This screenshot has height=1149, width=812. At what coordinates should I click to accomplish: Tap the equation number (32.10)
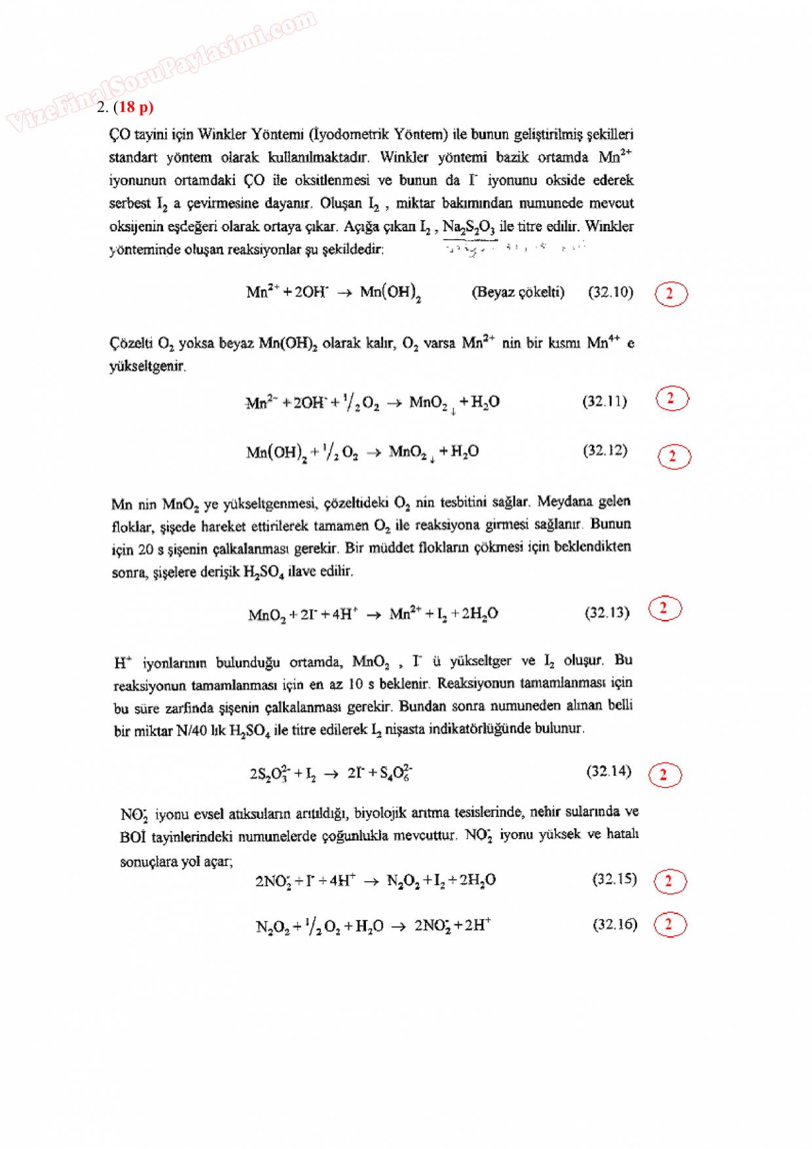point(610,292)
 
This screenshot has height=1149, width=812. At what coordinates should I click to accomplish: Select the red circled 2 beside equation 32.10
point(671,294)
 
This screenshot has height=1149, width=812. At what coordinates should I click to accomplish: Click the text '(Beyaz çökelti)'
point(517,292)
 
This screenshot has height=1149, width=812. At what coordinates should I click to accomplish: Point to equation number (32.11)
point(604,401)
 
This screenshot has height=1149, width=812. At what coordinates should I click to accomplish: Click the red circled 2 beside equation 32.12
point(674,456)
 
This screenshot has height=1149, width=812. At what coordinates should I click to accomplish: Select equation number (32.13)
point(606,613)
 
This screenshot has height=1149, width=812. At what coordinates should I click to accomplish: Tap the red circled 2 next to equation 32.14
point(664,775)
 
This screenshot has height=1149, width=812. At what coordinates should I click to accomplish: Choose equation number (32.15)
point(614,879)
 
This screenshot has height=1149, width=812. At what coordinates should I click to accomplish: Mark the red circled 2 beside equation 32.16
point(670,924)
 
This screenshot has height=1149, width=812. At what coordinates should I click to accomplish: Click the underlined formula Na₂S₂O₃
point(469,227)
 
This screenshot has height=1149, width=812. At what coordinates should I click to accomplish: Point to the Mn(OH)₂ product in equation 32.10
point(390,293)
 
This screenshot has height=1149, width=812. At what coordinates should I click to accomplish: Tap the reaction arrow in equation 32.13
point(373,615)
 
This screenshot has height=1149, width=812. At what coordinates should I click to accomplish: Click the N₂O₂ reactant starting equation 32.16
point(271,927)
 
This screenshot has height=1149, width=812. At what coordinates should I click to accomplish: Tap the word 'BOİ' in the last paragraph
point(134,837)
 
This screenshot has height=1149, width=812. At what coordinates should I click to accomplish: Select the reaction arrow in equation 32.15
point(371,881)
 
